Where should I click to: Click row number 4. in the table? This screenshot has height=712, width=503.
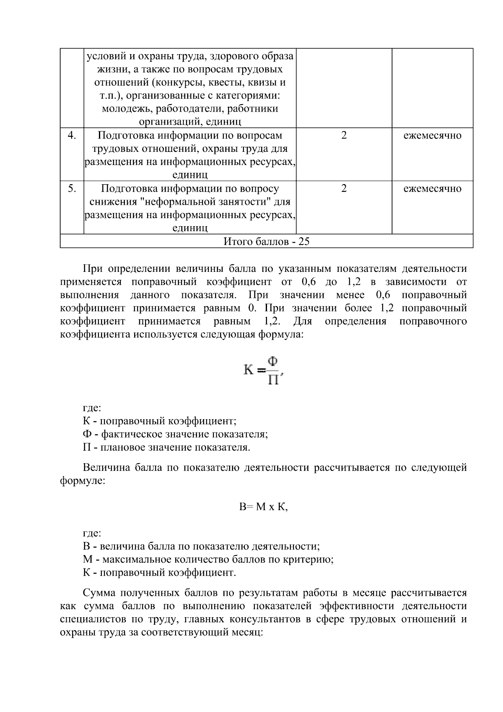tap(72, 136)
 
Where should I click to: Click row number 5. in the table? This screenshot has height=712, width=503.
tap(72, 188)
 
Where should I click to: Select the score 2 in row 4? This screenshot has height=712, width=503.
tap(344, 136)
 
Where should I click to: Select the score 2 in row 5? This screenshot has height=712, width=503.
tap(344, 188)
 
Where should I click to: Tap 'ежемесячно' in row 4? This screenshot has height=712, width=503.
tap(432, 136)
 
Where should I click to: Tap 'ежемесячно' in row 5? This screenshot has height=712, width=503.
tap(432, 188)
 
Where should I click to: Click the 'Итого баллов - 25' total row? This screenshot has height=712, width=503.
tap(266, 242)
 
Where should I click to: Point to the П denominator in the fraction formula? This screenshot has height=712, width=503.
tap(273, 380)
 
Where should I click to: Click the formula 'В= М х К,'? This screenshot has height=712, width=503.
tap(263, 507)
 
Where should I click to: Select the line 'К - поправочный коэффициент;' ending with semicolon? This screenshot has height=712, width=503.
tap(159, 421)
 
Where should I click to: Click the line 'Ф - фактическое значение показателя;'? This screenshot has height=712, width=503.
tap(175, 434)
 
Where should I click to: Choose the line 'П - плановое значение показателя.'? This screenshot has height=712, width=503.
tap(166, 447)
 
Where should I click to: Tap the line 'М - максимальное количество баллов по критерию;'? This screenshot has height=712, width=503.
tap(208, 559)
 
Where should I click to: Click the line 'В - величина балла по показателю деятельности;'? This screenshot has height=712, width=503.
tap(201, 546)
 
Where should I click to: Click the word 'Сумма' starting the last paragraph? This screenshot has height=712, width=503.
tap(99, 593)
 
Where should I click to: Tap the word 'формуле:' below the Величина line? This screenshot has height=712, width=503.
tap(82, 481)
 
